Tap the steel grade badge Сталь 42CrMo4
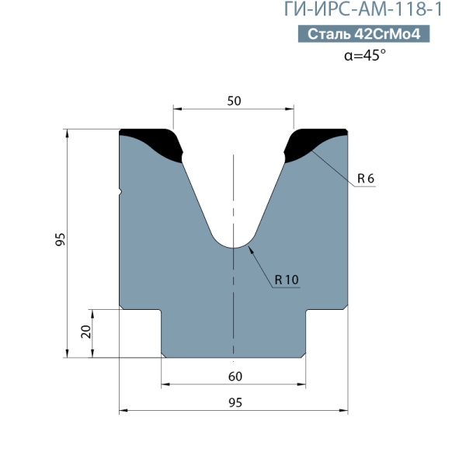363,34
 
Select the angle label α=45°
365,55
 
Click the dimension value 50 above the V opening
235,101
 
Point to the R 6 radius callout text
366,179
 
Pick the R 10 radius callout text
287,280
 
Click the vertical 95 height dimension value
61,239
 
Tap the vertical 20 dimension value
86,332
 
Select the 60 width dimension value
235,377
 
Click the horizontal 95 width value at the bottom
235,402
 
